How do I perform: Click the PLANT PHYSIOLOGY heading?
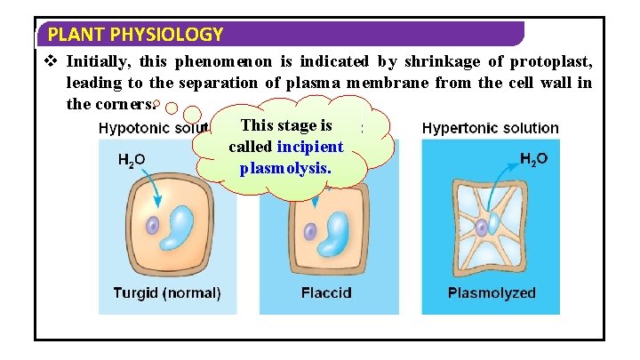point(135,36)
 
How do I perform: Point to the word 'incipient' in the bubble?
point(310,146)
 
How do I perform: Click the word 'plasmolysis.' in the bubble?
point(285,166)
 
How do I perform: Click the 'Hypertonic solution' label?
point(490,128)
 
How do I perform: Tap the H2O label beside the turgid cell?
point(132,160)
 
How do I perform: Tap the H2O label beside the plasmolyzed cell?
point(533,160)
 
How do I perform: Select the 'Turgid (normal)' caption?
point(167,292)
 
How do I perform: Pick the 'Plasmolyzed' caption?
point(491,292)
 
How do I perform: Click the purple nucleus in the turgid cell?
point(153,227)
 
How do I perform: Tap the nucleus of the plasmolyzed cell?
point(481,228)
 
